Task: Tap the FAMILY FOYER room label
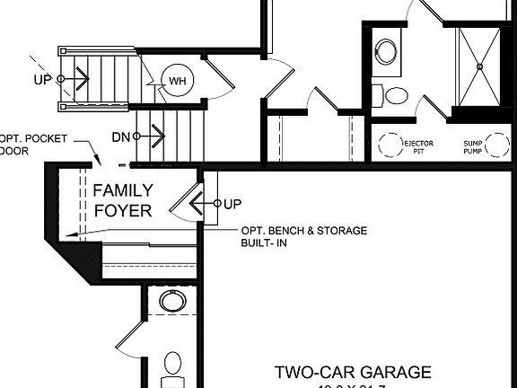click(x=123, y=200)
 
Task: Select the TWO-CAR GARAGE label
click(x=352, y=371)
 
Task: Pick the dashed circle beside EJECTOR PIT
click(x=390, y=143)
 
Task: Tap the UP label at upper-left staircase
click(x=43, y=79)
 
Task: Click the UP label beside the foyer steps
click(x=232, y=204)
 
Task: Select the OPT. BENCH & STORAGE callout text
click(x=303, y=236)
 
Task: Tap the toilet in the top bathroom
click(x=392, y=94)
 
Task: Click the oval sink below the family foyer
click(x=171, y=301)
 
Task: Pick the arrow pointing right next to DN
click(x=155, y=137)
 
